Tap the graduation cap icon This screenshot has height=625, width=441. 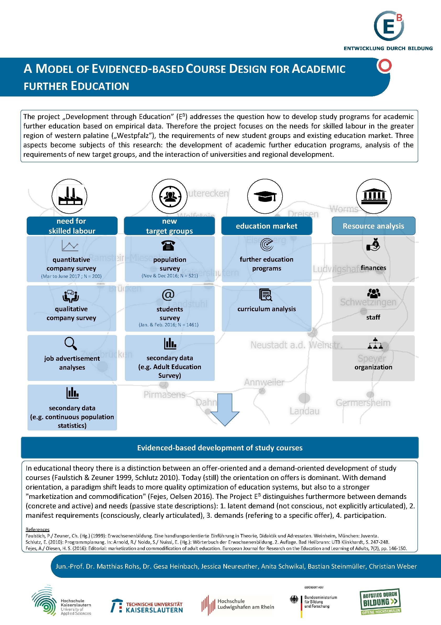click(x=265, y=196)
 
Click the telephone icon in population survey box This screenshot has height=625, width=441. click(x=168, y=245)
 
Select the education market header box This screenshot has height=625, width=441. click(x=266, y=226)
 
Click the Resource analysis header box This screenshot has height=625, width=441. click(x=373, y=226)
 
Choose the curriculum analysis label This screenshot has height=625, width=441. click(x=266, y=309)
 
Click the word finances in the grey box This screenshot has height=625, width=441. click(x=373, y=268)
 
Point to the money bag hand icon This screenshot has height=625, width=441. click(x=373, y=244)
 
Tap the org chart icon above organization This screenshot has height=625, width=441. click(x=375, y=343)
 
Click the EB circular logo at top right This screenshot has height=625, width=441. click(x=389, y=26)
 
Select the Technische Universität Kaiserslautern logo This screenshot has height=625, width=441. click(x=147, y=606)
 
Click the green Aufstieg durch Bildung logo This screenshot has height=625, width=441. click(x=380, y=602)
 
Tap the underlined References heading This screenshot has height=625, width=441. click(x=37, y=530)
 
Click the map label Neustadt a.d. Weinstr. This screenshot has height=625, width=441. click(x=296, y=345)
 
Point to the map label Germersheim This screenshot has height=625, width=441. click(x=363, y=403)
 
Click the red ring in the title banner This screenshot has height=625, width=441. click(x=384, y=66)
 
